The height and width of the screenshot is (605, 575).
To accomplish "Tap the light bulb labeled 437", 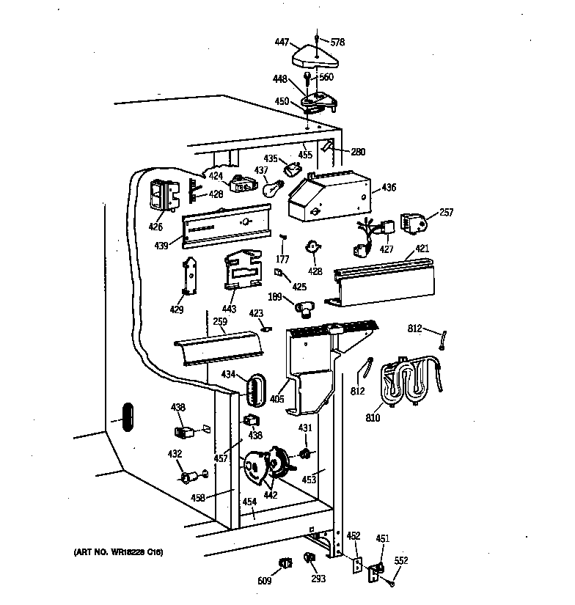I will (x=271, y=188).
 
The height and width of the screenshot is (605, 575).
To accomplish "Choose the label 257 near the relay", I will (x=446, y=213).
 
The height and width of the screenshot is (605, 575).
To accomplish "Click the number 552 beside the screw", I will (x=401, y=560).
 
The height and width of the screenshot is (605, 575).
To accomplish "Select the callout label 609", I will (x=265, y=581).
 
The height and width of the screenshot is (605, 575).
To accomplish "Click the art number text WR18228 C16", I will (x=117, y=551).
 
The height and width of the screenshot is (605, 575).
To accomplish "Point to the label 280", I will (x=357, y=153).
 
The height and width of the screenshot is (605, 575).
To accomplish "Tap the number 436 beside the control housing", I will (x=389, y=188).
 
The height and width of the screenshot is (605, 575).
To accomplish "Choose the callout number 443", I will (x=229, y=310).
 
